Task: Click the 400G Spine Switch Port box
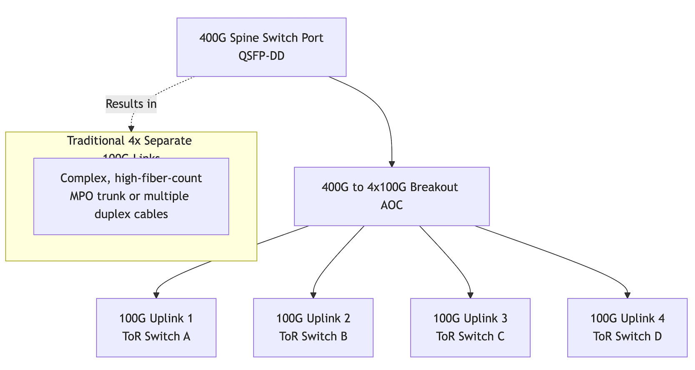[261, 47]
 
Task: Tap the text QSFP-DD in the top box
[261, 56]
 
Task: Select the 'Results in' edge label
[131, 104]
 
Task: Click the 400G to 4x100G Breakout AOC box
[391, 196]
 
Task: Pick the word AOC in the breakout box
[391, 205]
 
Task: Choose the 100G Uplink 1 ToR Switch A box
[156, 327]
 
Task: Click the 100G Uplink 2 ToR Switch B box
[313, 327]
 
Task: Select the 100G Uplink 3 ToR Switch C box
[470, 327]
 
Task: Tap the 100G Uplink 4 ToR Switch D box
[627, 327]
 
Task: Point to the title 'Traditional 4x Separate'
[129, 141]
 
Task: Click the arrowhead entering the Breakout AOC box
[392, 164]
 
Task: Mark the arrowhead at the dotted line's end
[131, 129]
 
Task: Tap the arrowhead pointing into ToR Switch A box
[156, 295]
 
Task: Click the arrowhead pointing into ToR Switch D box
[627, 295]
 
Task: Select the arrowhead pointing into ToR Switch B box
[313, 295]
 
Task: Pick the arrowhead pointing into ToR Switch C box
[470, 295]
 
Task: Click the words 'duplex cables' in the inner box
[131, 214]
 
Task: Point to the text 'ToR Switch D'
[627, 337]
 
